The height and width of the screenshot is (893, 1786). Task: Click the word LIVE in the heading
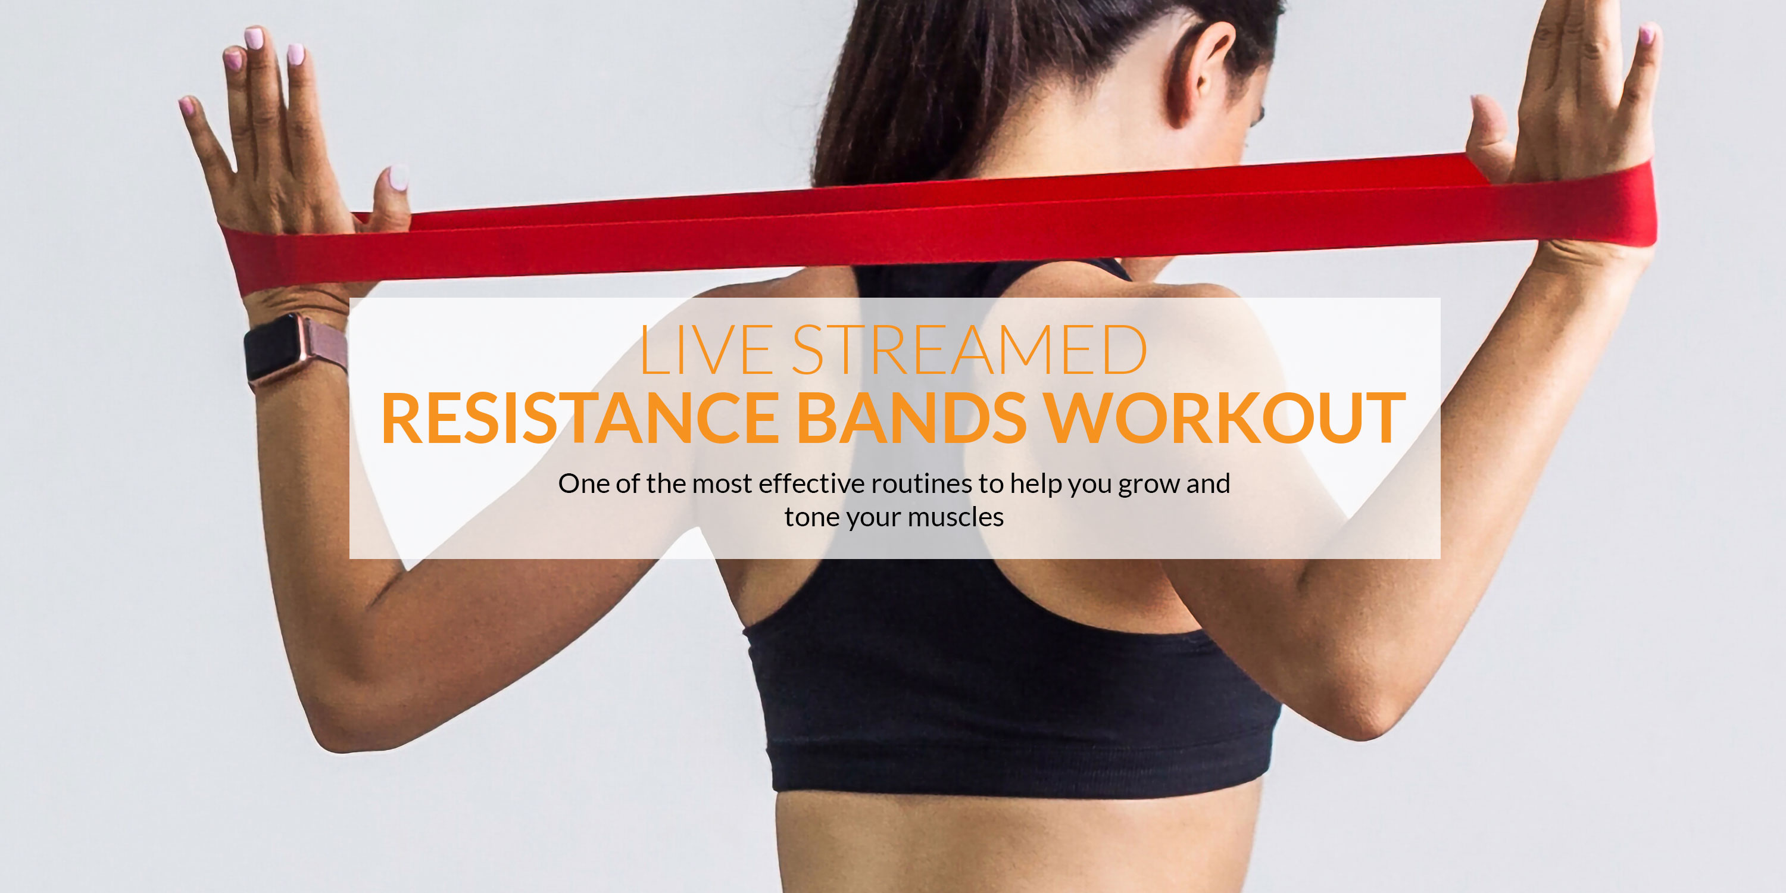[x=705, y=349]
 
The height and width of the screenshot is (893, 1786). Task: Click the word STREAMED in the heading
[x=969, y=349]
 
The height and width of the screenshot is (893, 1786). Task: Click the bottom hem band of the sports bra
[x=1019, y=770]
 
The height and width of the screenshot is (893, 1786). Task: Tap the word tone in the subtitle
[x=807, y=517]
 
